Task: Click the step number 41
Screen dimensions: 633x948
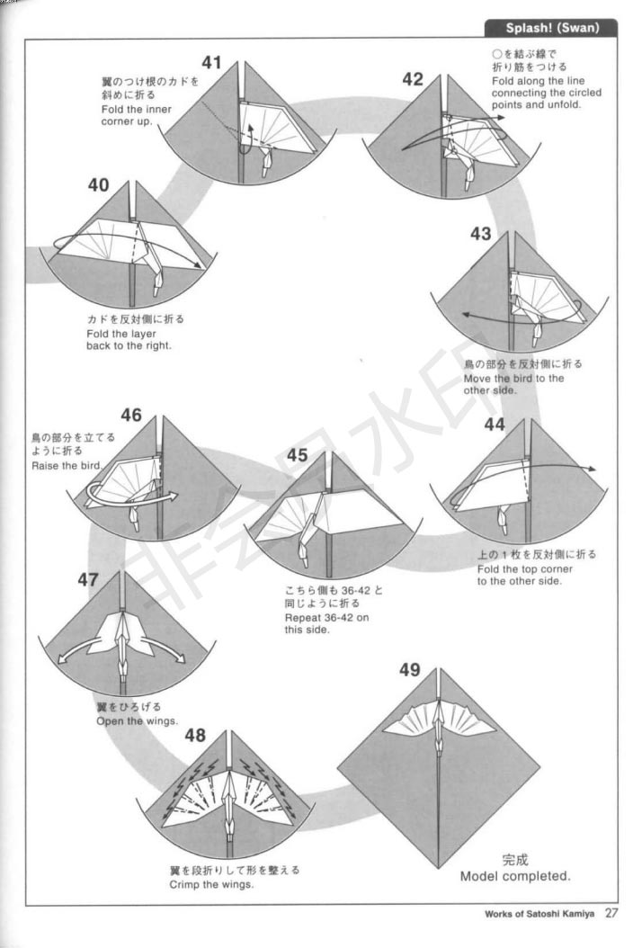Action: tap(211, 62)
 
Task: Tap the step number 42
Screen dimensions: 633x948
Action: tap(413, 79)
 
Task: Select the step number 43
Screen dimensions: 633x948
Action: tap(481, 233)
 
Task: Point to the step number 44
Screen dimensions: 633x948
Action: tap(495, 425)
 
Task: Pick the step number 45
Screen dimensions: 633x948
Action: tap(297, 454)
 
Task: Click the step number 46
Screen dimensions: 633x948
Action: tap(131, 415)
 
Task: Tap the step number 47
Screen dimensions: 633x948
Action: tap(88, 579)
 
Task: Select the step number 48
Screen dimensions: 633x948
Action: tap(195, 735)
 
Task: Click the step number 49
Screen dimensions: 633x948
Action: tap(409, 669)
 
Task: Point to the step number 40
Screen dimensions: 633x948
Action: tap(99, 184)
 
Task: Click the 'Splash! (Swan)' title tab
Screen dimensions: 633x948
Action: tap(551, 28)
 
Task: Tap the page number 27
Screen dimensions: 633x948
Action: tap(611, 913)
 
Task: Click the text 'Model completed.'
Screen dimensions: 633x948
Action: tap(515, 876)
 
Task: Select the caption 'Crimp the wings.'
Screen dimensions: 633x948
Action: tap(211, 884)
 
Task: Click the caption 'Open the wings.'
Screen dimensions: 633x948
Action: tap(138, 720)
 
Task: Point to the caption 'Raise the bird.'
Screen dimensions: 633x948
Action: tap(67, 466)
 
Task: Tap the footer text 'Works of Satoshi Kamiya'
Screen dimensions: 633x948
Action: tap(539, 914)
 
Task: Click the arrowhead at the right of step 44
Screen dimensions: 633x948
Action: tap(592, 469)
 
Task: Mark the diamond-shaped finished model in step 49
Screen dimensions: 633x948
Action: tap(438, 768)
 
